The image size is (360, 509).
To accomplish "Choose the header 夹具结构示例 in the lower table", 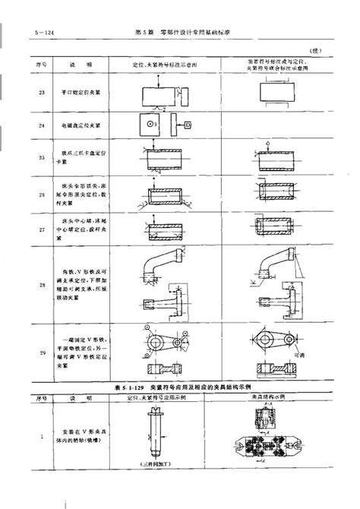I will point(276,396).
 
